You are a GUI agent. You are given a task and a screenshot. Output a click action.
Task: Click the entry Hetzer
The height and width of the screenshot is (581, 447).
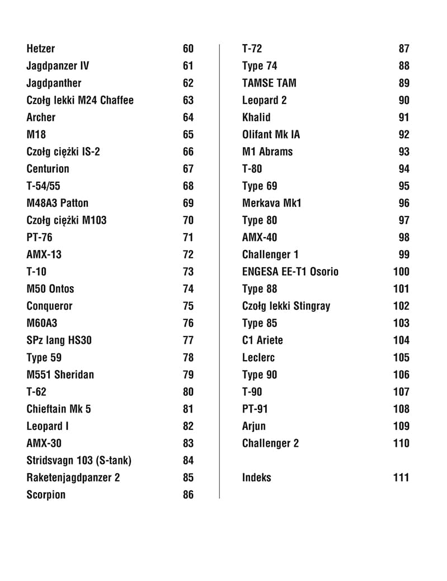[41, 49]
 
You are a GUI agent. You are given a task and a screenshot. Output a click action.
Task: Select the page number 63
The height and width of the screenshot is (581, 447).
[188, 100]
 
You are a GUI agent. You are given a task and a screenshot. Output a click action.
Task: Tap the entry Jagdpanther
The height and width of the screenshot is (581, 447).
[54, 83]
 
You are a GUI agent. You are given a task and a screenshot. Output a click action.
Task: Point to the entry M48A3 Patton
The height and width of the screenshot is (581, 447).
[58, 203]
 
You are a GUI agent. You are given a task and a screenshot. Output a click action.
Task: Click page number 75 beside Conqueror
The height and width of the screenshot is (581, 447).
[188, 306]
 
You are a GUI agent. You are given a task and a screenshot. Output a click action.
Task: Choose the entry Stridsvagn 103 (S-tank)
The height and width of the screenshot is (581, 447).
[79, 460]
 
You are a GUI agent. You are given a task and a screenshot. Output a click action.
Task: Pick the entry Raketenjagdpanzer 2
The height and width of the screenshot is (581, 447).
[73, 478]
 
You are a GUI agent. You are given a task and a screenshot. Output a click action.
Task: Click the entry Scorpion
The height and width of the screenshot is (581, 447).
[46, 494]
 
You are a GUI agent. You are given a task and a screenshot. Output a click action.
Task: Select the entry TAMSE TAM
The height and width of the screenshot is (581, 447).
[269, 83]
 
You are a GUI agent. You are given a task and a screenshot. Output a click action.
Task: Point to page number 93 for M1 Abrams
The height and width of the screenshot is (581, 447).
[404, 152]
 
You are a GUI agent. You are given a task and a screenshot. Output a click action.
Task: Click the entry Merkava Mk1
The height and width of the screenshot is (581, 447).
[271, 203]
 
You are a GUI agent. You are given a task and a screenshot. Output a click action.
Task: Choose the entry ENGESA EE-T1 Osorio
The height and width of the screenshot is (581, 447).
[290, 272]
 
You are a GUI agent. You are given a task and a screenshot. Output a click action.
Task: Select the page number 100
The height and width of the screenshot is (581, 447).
[401, 272]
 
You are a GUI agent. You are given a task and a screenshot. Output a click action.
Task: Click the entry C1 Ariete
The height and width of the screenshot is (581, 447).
[262, 340]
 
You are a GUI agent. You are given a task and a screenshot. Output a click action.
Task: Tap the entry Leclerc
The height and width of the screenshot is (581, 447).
[258, 357]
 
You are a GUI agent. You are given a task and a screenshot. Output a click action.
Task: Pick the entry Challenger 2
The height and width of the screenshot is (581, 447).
[270, 443]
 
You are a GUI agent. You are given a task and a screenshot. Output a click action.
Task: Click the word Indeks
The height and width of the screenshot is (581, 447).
[256, 478]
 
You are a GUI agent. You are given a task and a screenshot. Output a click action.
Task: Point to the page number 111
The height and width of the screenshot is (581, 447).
[401, 478]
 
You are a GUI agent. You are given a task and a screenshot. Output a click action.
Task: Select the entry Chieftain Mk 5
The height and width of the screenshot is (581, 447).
[59, 409]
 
